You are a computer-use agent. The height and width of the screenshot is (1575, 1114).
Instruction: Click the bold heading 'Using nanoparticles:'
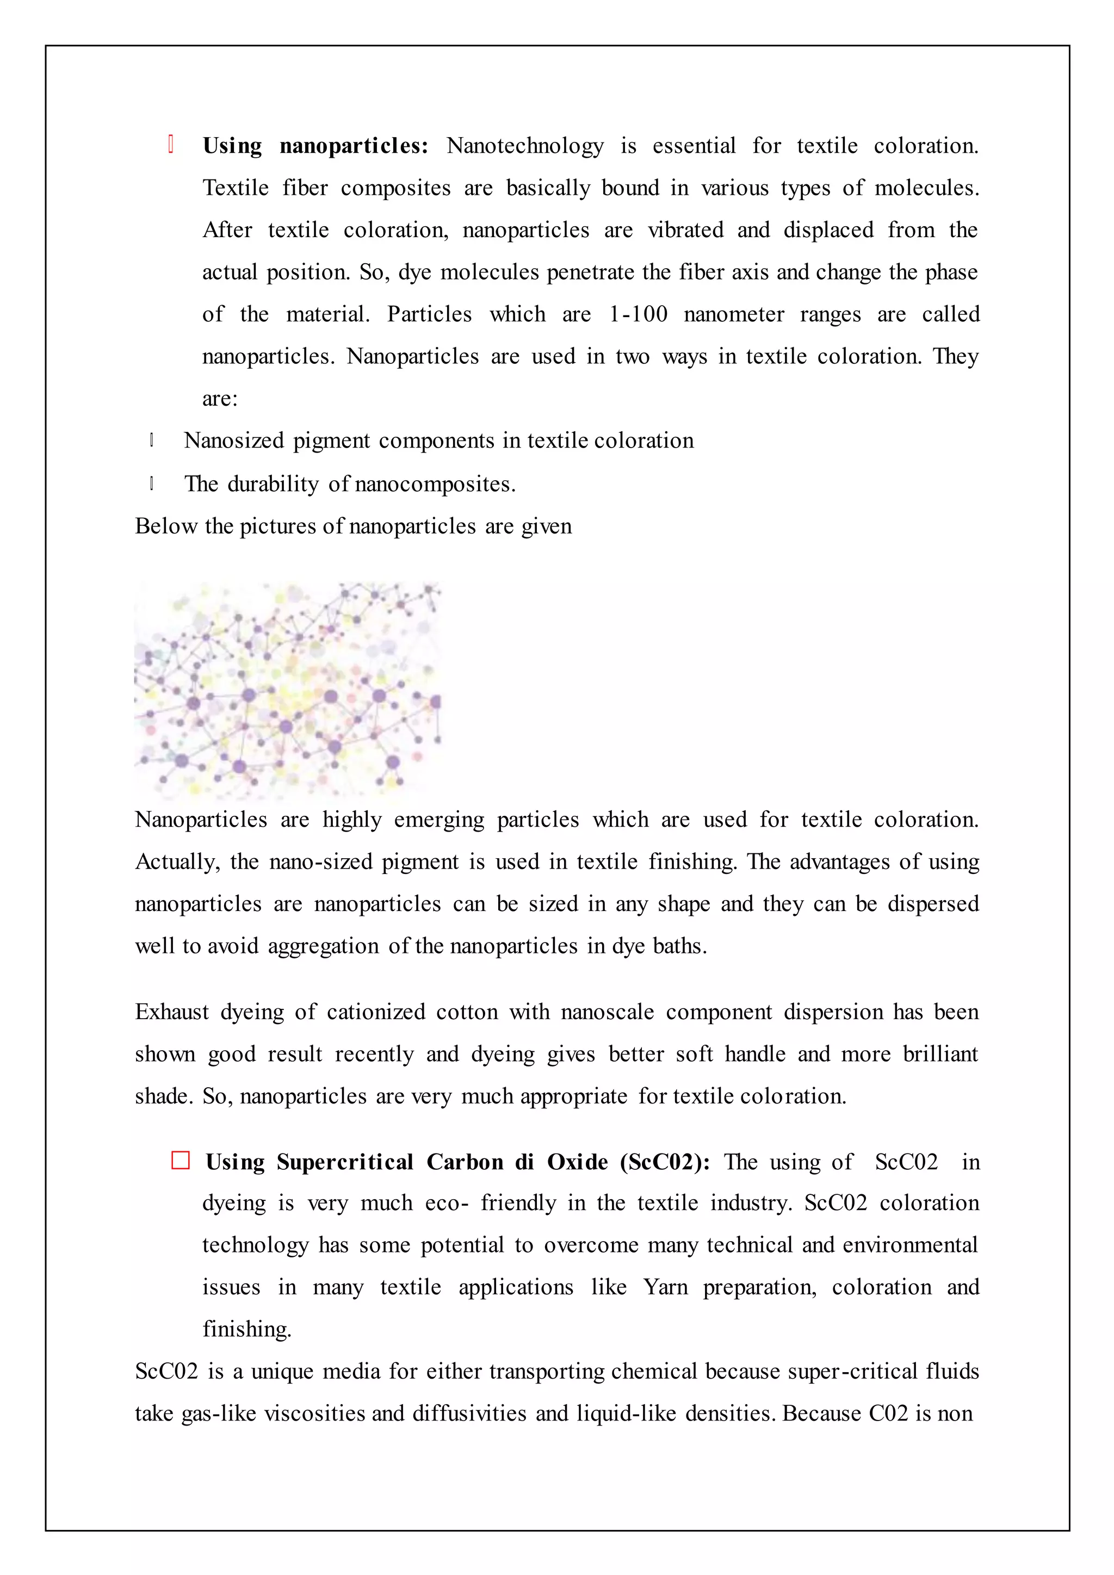coord(315,146)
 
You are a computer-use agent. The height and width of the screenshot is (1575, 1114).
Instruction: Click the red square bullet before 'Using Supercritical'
coord(181,1161)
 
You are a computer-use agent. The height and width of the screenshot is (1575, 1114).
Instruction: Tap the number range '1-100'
coord(638,314)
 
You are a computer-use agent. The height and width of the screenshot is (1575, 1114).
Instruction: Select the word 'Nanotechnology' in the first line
coord(525,146)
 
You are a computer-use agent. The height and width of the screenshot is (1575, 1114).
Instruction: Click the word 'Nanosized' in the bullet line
coord(233,441)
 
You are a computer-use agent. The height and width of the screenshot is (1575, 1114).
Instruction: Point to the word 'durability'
coord(273,484)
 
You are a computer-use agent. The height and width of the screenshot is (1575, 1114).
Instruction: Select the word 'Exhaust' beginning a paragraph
coord(171,1012)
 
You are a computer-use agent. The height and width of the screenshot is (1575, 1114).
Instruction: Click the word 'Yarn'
coord(665,1287)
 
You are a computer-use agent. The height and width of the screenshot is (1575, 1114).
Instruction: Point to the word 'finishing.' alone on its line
coord(247,1329)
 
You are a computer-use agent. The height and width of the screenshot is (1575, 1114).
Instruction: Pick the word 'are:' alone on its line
coord(220,399)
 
